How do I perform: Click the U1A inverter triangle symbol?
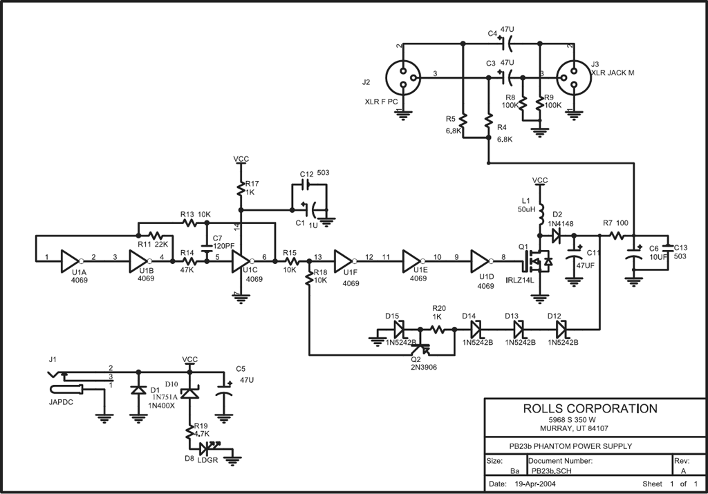(x=71, y=260)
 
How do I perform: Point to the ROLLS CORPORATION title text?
(x=588, y=408)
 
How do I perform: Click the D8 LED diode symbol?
(x=204, y=449)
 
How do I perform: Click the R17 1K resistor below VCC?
(x=241, y=187)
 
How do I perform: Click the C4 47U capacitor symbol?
(x=508, y=44)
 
